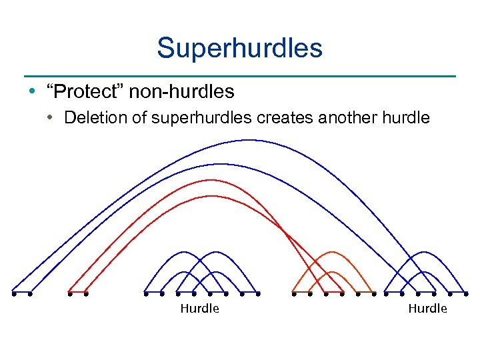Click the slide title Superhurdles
(x=239, y=48)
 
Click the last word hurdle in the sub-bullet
(x=406, y=118)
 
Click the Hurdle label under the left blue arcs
(x=199, y=309)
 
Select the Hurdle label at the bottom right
(x=427, y=309)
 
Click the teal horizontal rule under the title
(x=239, y=75)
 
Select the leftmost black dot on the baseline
(x=13, y=293)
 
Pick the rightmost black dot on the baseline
(x=466, y=293)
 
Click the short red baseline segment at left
(x=78, y=293)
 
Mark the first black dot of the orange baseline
(x=293, y=293)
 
